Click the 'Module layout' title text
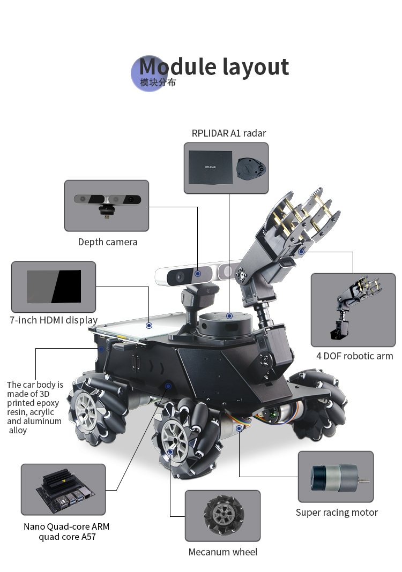214,67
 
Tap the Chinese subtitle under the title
158,82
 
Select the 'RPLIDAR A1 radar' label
229,133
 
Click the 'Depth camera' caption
108,242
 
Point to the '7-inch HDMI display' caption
54,320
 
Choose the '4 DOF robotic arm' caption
354,356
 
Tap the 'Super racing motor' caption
337,513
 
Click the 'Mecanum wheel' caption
223,552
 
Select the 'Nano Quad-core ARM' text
66,526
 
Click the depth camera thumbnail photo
107,205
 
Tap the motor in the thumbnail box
339,478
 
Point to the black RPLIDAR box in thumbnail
210,168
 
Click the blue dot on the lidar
229,316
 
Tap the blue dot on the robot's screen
149,326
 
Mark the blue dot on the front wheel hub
170,452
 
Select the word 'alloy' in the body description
18,431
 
